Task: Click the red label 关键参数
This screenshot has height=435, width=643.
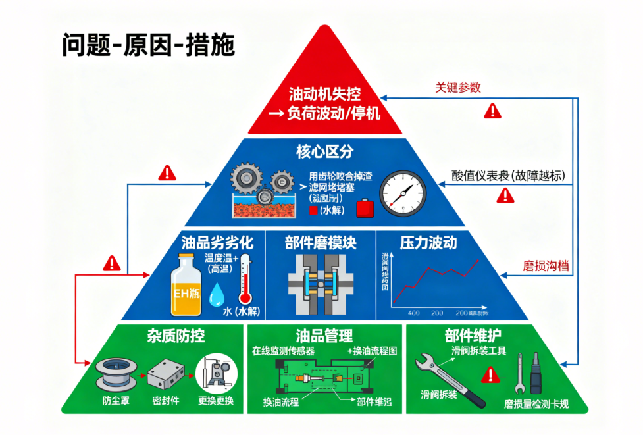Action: [x=458, y=87]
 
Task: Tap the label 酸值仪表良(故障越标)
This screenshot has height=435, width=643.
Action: [x=508, y=175]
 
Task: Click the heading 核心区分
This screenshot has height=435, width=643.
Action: [x=321, y=152]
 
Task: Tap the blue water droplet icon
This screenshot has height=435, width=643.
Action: [x=216, y=296]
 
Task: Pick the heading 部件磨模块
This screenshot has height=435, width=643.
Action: [x=321, y=242]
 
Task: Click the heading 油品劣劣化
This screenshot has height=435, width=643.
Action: [x=213, y=242]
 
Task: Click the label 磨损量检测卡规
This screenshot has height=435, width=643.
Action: [x=536, y=404]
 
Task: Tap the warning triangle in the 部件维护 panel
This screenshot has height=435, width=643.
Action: [x=489, y=376]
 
